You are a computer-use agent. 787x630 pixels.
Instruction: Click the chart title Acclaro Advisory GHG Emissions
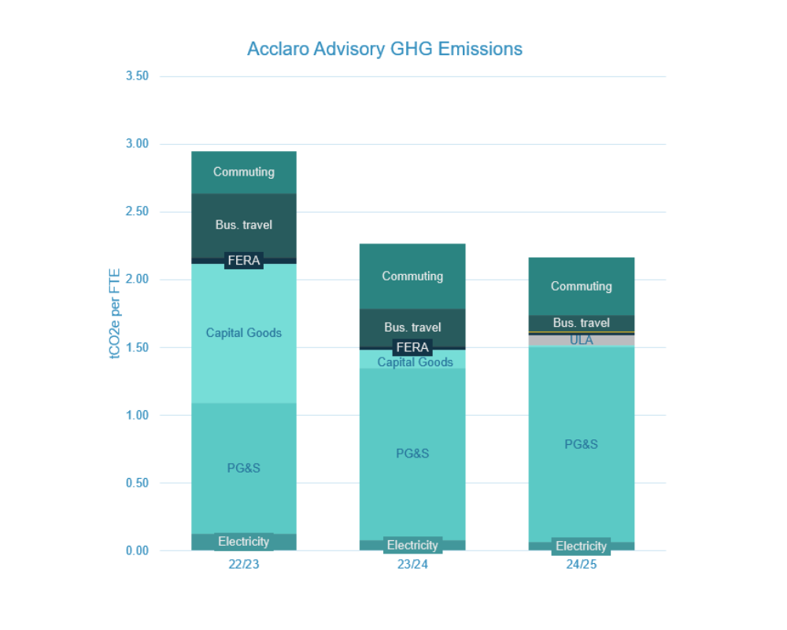click(x=384, y=49)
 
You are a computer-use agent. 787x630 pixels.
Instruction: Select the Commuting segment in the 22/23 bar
click(x=244, y=172)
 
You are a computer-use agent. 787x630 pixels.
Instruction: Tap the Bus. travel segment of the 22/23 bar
click(x=244, y=225)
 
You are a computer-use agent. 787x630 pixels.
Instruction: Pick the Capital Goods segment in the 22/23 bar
click(x=244, y=332)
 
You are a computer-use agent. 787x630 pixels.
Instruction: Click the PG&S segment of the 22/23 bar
click(x=244, y=468)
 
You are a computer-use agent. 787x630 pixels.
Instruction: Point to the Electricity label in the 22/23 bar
click(x=244, y=542)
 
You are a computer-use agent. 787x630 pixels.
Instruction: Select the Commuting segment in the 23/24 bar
click(x=412, y=276)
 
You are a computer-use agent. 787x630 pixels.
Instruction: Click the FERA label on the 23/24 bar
click(x=412, y=347)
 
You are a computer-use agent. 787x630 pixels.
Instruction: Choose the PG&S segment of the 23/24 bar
click(x=412, y=454)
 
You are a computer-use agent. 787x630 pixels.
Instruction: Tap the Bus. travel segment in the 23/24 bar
click(x=412, y=328)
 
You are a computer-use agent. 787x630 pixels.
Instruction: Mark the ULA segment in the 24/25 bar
click(x=581, y=340)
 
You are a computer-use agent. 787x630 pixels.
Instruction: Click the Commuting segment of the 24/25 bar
click(x=581, y=286)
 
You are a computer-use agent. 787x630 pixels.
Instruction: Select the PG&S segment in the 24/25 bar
click(x=581, y=444)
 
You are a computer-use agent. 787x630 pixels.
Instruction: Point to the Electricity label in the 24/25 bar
click(x=581, y=546)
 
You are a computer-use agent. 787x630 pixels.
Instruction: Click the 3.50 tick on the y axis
click(x=137, y=76)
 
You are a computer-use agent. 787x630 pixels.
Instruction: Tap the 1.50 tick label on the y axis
click(x=137, y=347)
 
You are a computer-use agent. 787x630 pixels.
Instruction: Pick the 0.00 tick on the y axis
click(x=137, y=550)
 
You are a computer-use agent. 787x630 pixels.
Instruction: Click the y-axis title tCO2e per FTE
click(x=115, y=313)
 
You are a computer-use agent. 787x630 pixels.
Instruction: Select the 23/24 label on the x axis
click(x=412, y=565)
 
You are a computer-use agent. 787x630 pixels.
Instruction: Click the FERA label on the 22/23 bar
click(x=244, y=261)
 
